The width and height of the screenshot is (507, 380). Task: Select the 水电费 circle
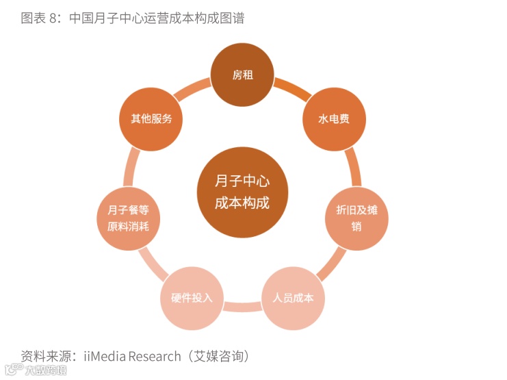[x=334, y=119]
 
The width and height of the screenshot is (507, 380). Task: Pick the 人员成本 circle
[x=294, y=298]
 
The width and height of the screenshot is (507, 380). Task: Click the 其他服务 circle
[x=151, y=119]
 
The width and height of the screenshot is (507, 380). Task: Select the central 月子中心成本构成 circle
[x=242, y=193]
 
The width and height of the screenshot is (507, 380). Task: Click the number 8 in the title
[x=51, y=18]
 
